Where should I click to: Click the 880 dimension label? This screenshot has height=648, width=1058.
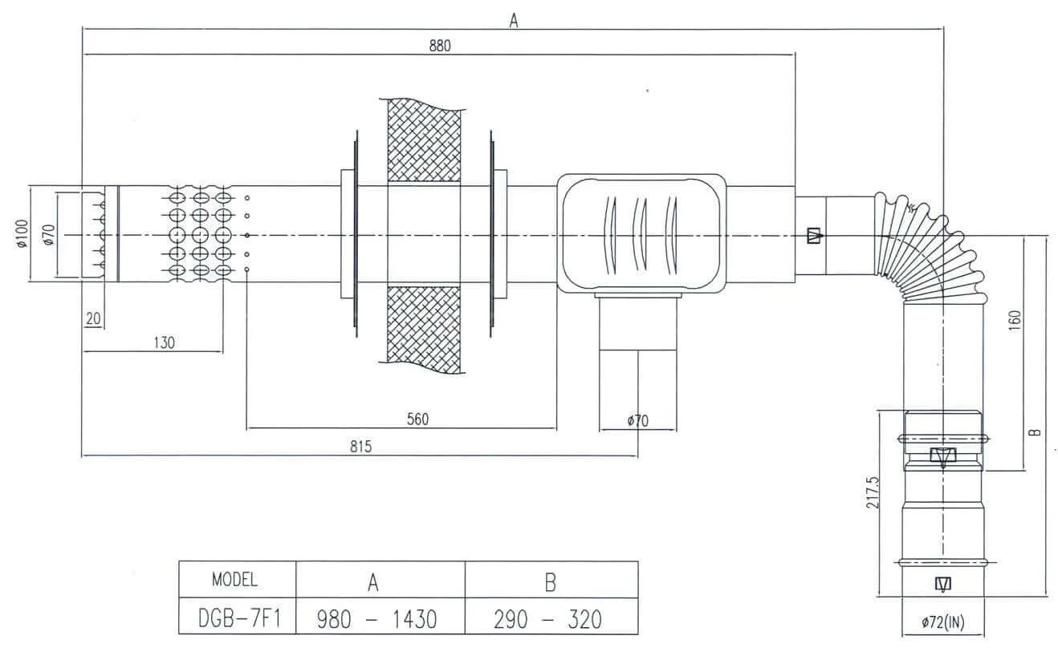[x=440, y=46]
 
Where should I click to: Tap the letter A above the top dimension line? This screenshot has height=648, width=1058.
[x=514, y=21]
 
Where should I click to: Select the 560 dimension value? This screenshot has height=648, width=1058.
[x=417, y=419]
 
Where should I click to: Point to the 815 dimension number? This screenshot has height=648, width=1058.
[x=361, y=447]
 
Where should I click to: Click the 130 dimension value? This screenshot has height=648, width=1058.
[x=165, y=342]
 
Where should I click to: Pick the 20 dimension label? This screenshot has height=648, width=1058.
[x=93, y=319]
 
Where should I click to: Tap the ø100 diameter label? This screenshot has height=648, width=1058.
[x=22, y=233]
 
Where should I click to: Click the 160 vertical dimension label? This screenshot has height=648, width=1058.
[x=1015, y=321]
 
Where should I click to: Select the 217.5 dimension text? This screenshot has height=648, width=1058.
[x=873, y=492]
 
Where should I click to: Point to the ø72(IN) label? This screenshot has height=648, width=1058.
[x=942, y=622]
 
